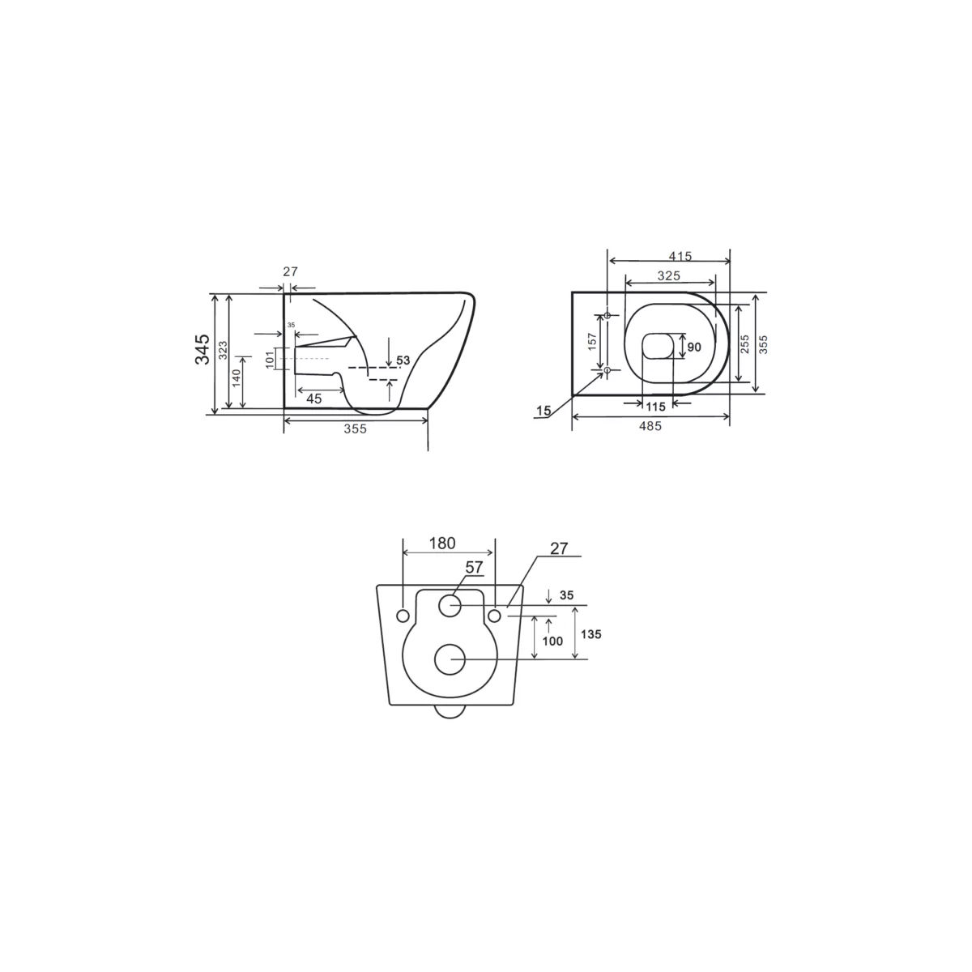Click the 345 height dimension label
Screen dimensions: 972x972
202,348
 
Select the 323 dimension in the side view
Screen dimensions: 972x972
223,350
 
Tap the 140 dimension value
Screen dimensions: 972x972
236,377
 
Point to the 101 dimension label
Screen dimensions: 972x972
270,359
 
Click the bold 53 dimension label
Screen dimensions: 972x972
403,360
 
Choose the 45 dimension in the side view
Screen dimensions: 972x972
313,399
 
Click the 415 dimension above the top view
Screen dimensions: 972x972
680,256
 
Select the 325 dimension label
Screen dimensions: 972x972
669,275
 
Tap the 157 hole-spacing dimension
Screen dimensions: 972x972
593,342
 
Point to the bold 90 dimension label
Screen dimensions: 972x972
694,347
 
